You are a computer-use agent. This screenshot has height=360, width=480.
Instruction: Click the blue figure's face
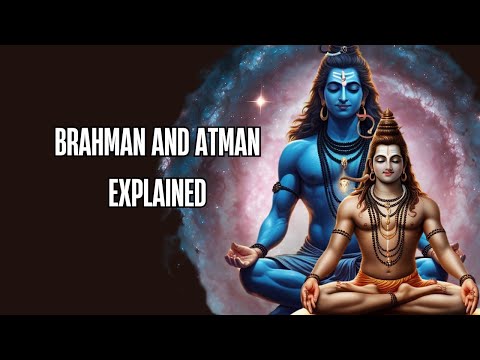[340, 90]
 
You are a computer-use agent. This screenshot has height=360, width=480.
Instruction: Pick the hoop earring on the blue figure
[323, 113]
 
